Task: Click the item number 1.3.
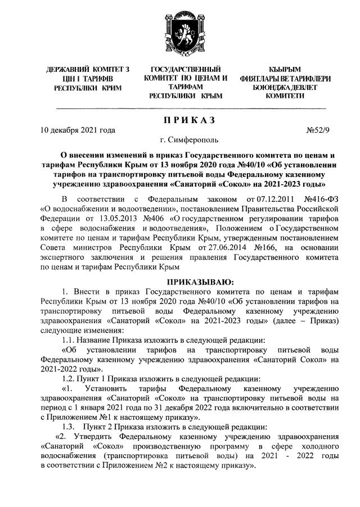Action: tap(70, 428)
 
